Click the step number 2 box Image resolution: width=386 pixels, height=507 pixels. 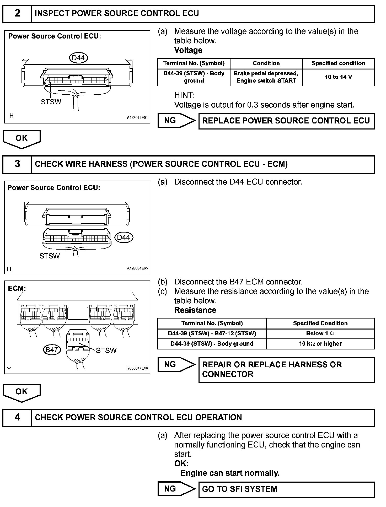coord(17,13)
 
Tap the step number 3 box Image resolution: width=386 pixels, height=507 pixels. coord(17,164)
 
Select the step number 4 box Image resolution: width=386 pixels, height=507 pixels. coord(17,418)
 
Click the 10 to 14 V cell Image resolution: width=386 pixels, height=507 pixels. coord(338,77)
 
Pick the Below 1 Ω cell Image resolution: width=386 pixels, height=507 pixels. coord(320,333)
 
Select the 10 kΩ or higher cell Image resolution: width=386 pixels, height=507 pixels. coord(320,344)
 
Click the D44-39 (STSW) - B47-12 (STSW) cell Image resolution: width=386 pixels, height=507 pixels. coord(212,333)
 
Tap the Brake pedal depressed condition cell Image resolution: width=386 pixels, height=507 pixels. coord(266,77)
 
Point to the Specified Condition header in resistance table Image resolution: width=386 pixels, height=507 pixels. coord(320,323)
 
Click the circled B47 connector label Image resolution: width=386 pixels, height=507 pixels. coord(52,349)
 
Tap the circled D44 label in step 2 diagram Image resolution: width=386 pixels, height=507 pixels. coord(78,58)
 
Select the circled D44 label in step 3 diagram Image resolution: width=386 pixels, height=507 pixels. coord(124,238)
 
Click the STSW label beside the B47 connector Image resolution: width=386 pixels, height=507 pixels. coord(106,350)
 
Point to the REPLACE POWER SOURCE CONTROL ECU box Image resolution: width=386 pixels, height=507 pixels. coord(286,121)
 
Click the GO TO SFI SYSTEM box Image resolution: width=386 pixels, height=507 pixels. coord(286,489)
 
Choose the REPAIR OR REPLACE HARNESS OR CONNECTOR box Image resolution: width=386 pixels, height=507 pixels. coord(286,369)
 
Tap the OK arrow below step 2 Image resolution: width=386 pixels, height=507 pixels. coord(22,139)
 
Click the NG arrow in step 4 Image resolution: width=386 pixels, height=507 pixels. coord(176,489)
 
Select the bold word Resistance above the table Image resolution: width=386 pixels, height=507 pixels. coord(195,310)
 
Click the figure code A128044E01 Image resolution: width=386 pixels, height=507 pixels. coord(137,118)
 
